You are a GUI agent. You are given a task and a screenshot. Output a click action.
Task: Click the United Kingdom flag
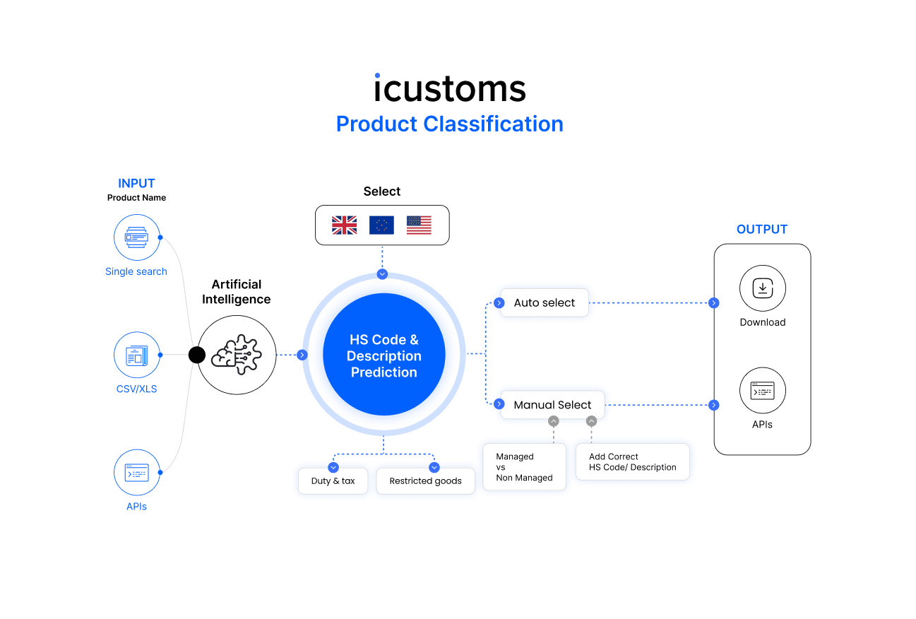click(344, 225)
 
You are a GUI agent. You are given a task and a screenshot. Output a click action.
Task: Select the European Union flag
click(381, 225)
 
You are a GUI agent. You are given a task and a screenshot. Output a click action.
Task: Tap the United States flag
click(419, 225)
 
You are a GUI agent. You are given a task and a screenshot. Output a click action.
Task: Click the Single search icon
click(136, 237)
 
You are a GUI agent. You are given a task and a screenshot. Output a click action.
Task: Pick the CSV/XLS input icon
click(136, 355)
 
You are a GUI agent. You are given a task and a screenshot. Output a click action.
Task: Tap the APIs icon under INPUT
click(136, 472)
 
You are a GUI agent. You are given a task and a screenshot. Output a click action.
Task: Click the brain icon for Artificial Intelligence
click(237, 355)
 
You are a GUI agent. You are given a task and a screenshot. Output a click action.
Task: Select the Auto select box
click(545, 302)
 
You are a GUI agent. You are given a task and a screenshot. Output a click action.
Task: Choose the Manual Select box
click(552, 405)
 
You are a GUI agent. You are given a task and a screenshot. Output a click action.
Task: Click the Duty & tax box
click(333, 481)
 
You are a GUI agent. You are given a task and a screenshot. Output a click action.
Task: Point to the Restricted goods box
click(425, 481)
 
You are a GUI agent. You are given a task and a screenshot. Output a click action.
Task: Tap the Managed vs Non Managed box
click(524, 467)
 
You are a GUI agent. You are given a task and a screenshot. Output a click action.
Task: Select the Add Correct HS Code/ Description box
click(633, 462)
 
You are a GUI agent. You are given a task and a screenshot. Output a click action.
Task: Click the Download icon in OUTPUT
click(763, 288)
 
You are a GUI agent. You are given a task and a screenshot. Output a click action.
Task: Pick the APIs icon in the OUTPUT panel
click(763, 391)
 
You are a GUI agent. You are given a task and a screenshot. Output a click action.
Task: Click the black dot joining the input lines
click(197, 355)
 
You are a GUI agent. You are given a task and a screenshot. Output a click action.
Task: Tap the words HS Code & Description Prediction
click(384, 355)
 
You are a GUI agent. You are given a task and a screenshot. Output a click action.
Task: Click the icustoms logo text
click(450, 89)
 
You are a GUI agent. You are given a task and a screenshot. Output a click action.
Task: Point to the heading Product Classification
click(450, 124)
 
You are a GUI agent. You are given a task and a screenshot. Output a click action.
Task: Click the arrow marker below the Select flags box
click(382, 273)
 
